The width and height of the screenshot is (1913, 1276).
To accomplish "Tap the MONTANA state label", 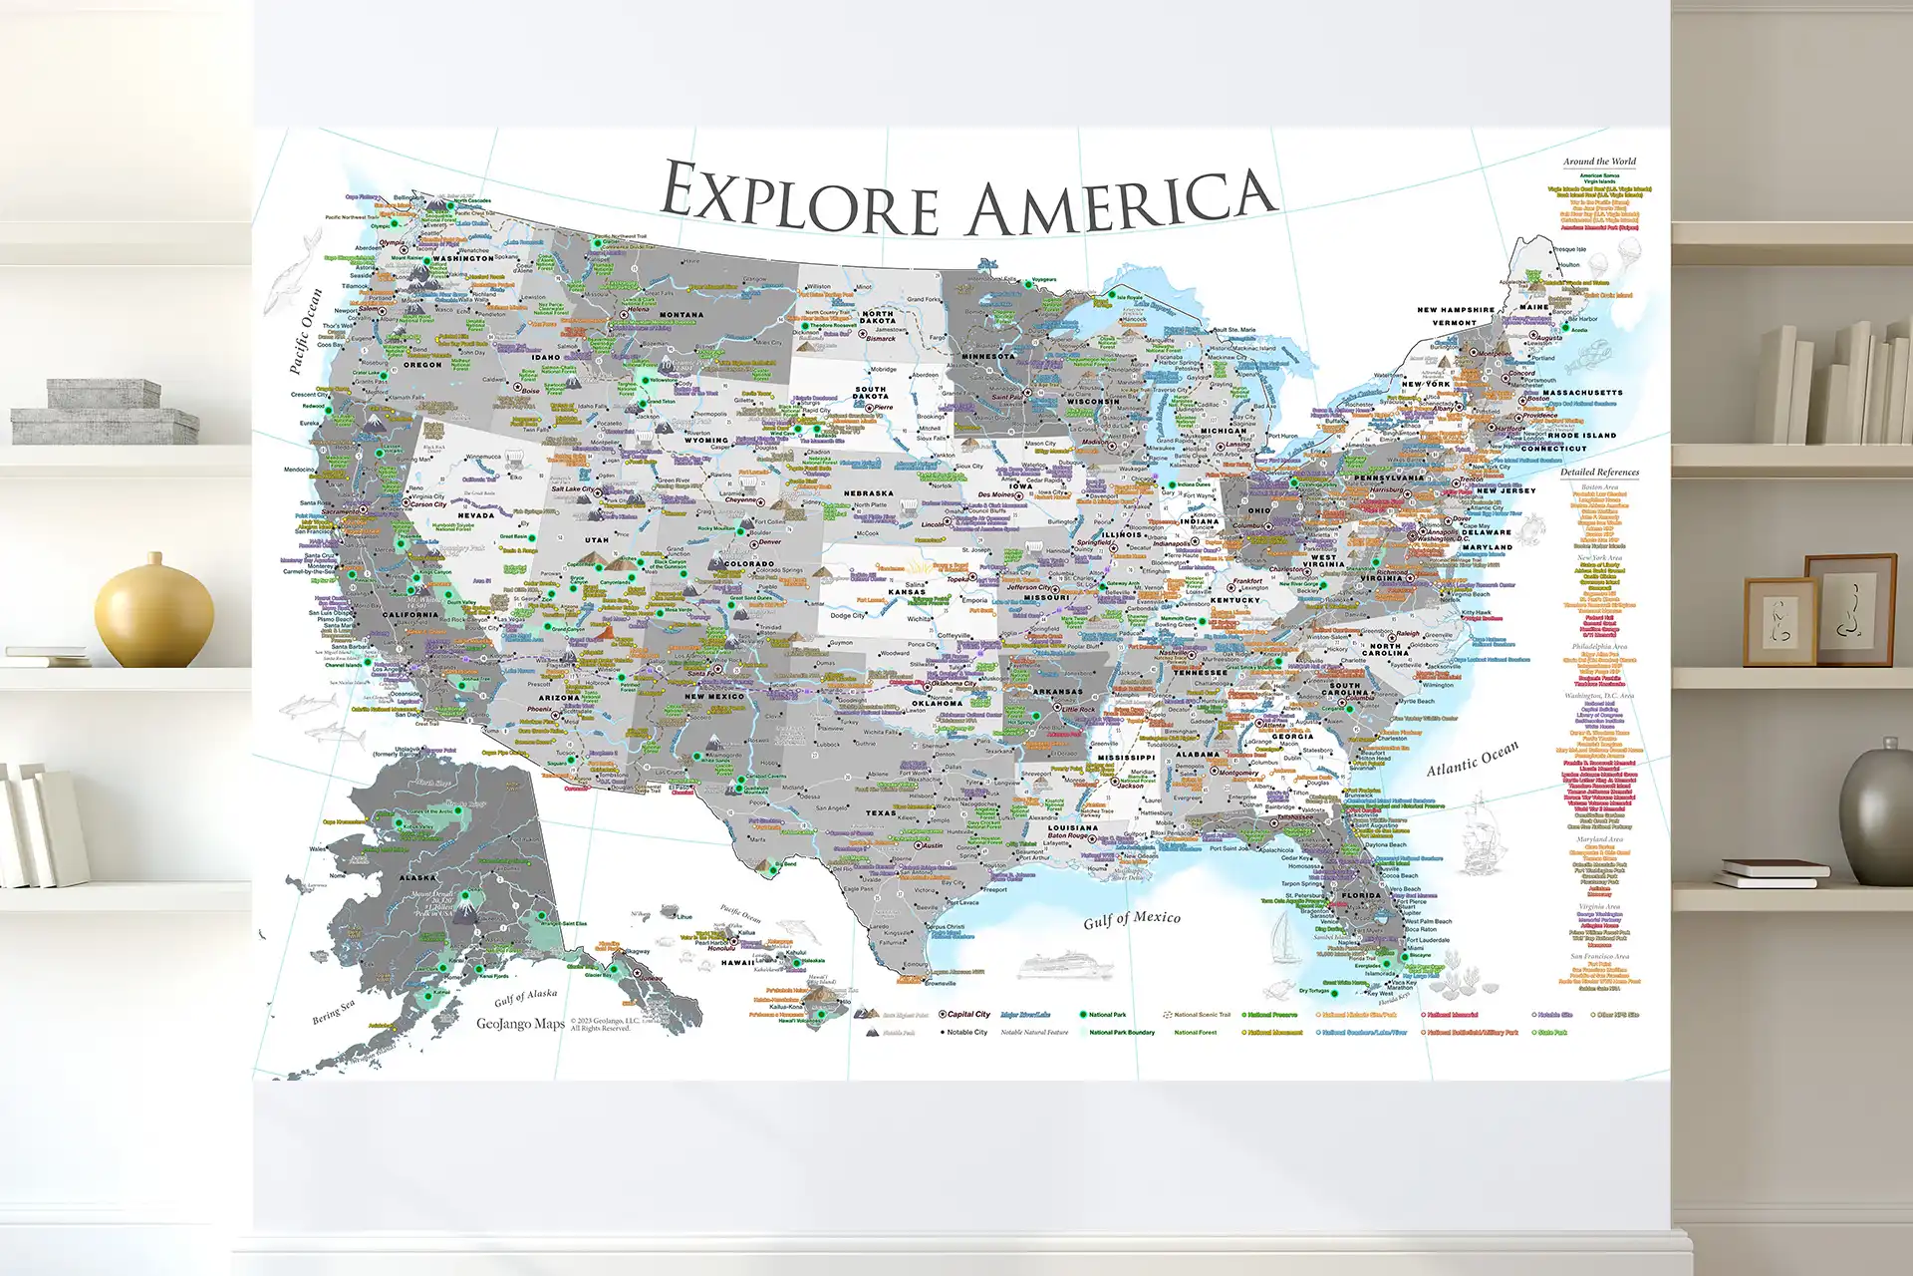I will click(x=682, y=315).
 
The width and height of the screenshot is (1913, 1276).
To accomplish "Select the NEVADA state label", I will click(x=476, y=515).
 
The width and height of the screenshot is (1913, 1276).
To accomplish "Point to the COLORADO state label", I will click(x=749, y=564).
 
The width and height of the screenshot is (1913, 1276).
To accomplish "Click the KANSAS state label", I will click(x=907, y=592).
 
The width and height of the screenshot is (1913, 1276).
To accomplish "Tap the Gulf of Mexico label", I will click(x=1132, y=918).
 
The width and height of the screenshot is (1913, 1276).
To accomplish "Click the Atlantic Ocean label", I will click(x=1473, y=759).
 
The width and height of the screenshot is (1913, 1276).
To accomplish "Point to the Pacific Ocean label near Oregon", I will click(x=306, y=331).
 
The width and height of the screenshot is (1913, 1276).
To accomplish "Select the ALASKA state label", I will click(x=417, y=878).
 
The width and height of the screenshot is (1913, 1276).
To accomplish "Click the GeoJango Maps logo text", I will click(x=520, y=1024).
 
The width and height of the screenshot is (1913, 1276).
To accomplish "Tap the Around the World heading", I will click(x=1599, y=161).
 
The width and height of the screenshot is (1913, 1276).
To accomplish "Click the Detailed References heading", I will click(x=1599, y=473).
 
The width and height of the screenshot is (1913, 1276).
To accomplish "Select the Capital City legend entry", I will click(x=966, y=1015).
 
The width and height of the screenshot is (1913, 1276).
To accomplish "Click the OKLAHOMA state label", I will click(x=938, y=703).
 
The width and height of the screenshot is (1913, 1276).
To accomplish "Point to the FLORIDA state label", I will click(x=1361, y=895).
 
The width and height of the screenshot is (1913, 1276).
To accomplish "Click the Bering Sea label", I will click(x=333, y=1013).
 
